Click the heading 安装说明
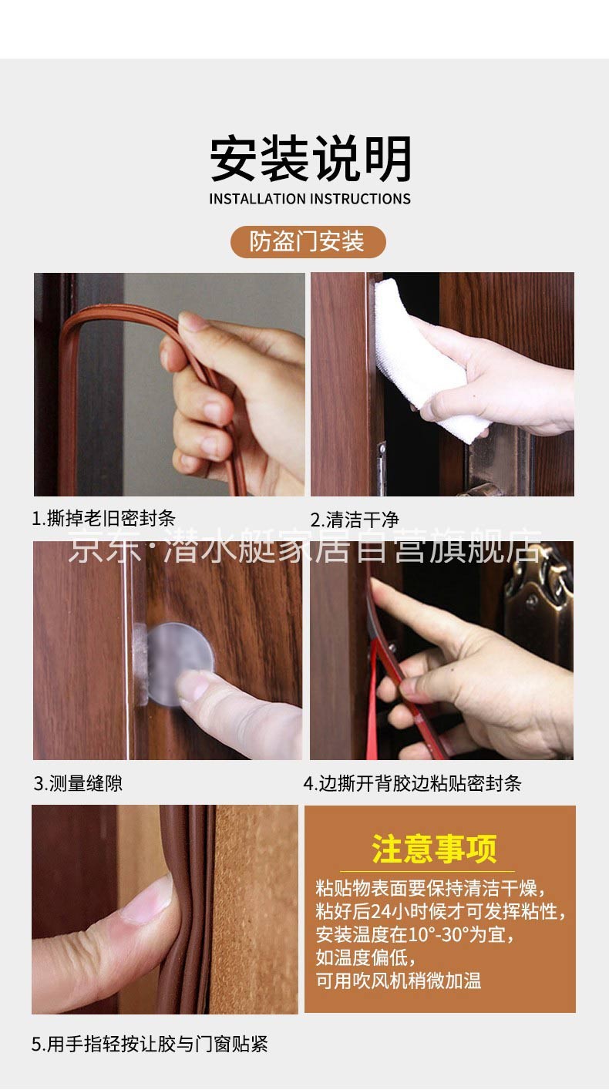311,159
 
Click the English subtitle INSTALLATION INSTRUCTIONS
310,199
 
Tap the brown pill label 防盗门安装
308,241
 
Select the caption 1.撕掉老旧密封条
103,518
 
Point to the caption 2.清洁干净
355,520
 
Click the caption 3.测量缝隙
78,783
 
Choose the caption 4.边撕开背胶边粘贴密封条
412,783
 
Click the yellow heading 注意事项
434,849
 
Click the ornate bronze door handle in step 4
538,604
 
